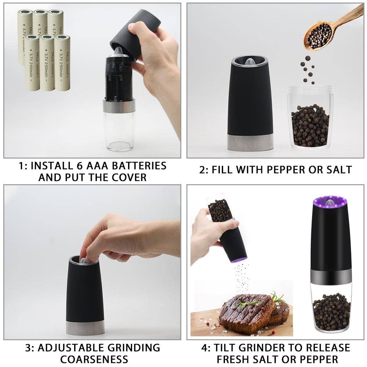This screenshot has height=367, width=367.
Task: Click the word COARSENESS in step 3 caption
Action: pos(94,359)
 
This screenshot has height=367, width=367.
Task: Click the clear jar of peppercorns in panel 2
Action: pos(310,117)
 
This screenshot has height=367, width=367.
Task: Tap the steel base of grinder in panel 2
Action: pos(250,142)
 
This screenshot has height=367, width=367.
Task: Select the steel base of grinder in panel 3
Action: pos(85,327)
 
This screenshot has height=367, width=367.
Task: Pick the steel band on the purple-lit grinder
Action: pos(331,276)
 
